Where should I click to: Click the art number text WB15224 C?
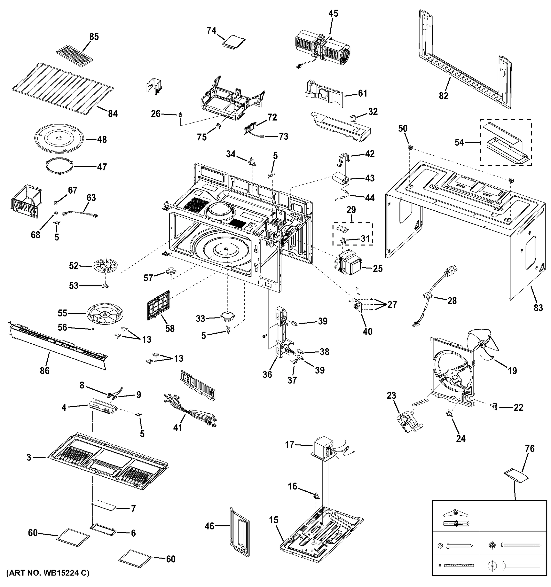click(47, 581)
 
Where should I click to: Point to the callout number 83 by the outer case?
click(538, 308)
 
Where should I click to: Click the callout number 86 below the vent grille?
click(45, 371)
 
